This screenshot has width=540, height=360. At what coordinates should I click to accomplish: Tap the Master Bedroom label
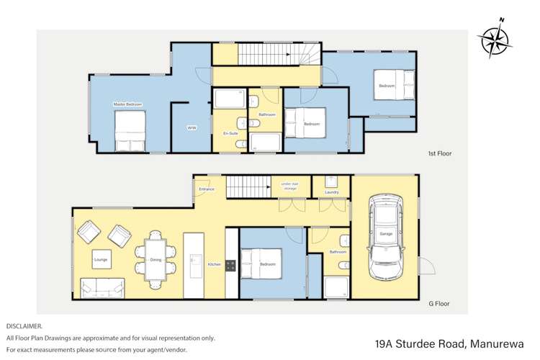point(127,104)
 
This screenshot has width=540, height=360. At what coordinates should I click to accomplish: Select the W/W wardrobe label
point(192,127)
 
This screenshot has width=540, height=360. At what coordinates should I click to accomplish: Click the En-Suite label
point(231,134)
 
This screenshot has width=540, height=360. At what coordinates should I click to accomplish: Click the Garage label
point(387,234)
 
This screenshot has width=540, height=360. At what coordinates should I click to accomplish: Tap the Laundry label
point(331,192)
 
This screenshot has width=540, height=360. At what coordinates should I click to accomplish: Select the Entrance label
point(206,189)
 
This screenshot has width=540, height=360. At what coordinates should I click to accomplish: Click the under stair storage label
point(289,186)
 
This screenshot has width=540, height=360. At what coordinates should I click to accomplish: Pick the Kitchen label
point(215,265)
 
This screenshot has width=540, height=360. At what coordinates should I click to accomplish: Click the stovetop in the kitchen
point(231,265)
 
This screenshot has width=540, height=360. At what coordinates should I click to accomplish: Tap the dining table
point(156,258)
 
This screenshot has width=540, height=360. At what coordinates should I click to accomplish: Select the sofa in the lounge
point(102,288)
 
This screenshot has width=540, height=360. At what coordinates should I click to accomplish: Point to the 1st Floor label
point(438,153)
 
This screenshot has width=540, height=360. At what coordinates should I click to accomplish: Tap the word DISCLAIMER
point(24,326)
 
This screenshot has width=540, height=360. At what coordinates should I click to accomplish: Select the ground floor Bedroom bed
point(258,264)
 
